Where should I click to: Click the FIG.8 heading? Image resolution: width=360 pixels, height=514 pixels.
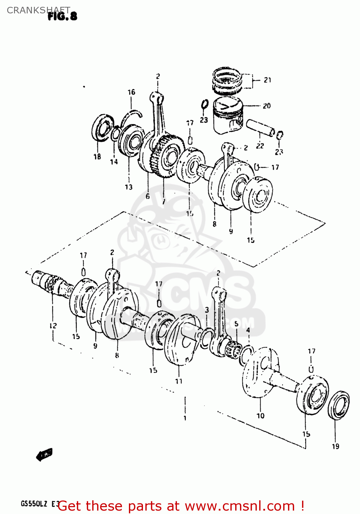[62, 16]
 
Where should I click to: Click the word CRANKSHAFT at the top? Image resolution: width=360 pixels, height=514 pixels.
[38, 10]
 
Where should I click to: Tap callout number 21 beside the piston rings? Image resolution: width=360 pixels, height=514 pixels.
[267, 80]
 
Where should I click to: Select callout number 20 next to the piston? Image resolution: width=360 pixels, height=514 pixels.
[267, 106]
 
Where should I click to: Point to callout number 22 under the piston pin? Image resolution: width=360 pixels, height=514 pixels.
[260, 146]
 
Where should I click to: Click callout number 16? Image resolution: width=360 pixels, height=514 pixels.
[131, 92]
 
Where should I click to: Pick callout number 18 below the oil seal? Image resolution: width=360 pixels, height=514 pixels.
[97, 157]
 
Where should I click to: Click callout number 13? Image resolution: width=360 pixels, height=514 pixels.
[129, 187]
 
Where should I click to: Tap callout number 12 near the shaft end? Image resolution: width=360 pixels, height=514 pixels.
[53, 326]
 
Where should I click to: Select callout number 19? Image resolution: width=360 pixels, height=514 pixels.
[335, 446]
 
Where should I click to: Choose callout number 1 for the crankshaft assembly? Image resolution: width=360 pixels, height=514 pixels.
[185, 418]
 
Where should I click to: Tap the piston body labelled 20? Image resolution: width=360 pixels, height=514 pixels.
[228, 115]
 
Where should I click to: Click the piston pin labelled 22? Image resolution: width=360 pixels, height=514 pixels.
[260, 127]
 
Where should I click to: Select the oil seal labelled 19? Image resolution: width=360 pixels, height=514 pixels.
[339, 405]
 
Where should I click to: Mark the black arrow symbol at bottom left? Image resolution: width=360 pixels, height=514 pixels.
[44, 455]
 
